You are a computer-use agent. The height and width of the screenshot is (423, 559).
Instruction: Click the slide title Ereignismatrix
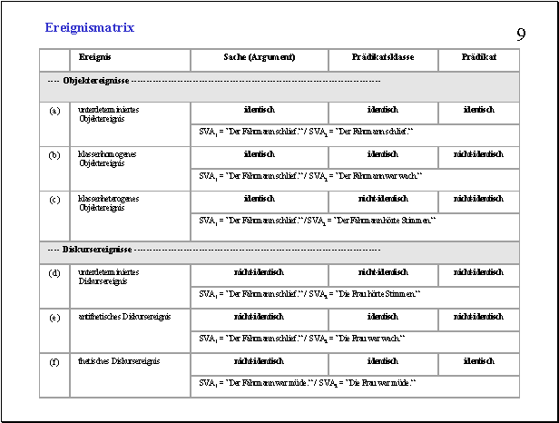coord(89,28)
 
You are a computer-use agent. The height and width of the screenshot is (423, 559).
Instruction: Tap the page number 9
coord(521,35)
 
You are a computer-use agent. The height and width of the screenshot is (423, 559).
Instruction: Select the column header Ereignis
coord(95,57)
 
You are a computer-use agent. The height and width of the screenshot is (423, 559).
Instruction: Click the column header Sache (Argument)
coord(259,57)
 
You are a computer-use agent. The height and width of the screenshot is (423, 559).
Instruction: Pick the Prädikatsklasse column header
coord(383,57)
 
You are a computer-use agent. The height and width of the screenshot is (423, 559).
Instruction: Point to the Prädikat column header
coord(478,57)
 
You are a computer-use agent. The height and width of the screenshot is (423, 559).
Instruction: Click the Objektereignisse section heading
coord(96,81)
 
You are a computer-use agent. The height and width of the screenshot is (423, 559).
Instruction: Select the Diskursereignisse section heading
coord(98,249)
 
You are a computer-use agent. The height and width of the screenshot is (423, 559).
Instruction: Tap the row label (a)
coord(55,110)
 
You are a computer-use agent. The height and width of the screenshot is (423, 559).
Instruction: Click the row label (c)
coord(55,199)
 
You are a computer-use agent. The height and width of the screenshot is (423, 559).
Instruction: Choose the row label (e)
coord(55,317)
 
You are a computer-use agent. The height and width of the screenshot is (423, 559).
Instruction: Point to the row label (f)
coord(55,361)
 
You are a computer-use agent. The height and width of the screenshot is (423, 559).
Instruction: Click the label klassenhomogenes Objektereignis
coord(107,159)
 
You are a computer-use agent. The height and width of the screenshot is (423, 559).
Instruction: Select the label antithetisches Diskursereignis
coord(125,316)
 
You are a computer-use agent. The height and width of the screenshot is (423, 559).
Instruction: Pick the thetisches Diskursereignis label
coord(119,360)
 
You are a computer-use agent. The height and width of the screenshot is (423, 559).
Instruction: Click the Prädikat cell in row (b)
coord(478,154)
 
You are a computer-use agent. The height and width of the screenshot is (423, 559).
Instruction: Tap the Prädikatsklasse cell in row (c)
coord(383,198)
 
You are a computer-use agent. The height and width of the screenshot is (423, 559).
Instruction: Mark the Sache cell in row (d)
coord(259,271)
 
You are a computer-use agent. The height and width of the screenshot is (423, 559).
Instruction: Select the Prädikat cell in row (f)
coord(478,360)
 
